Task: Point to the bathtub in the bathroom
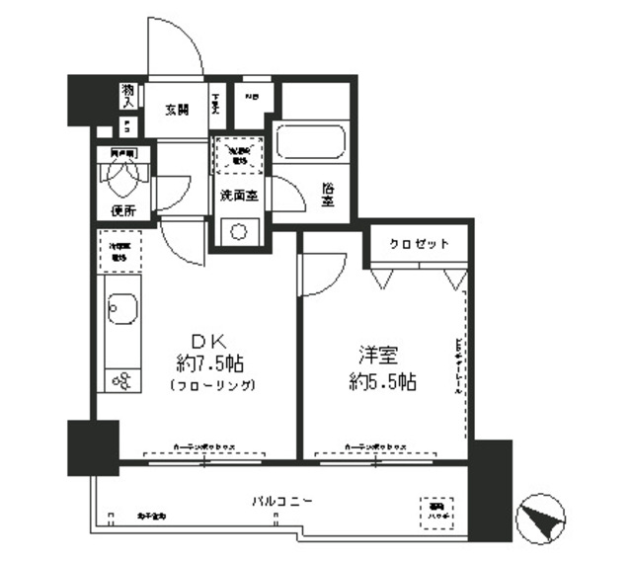[313, 142]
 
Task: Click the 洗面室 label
[240, 194]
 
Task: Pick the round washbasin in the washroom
[240, 232]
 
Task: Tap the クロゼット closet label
[419, 244]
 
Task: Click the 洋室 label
[377, 353]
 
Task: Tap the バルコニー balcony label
[281, 502]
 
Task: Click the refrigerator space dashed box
[120, 249]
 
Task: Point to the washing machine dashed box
[238, 155]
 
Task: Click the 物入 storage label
[128, 95]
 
